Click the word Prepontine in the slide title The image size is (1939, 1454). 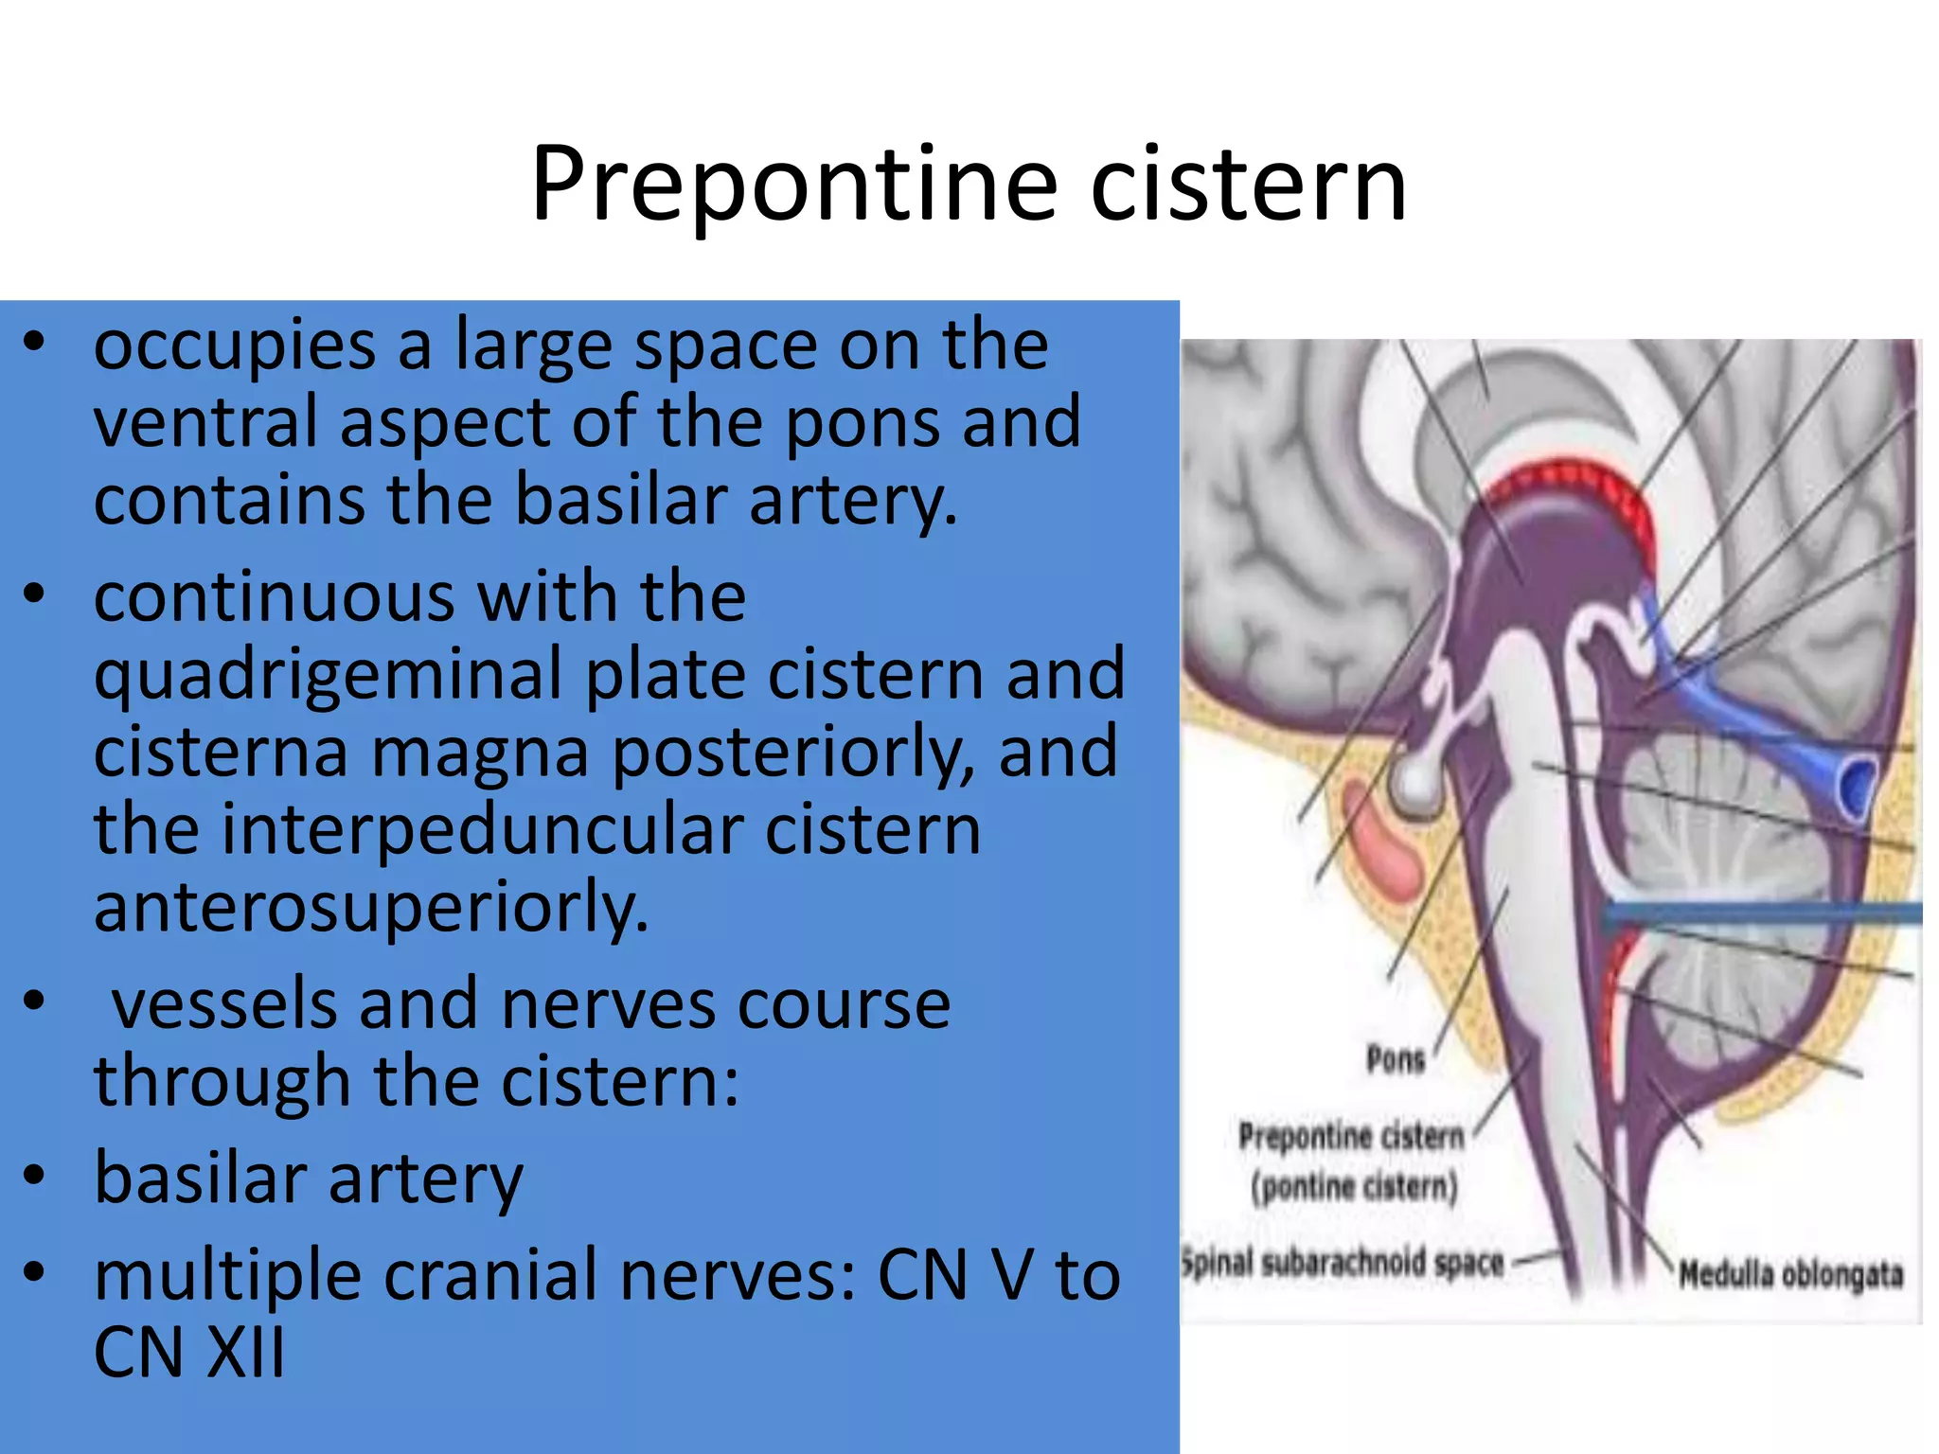[793, 185]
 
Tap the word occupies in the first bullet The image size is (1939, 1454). [235, 347]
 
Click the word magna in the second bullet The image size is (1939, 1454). [480, 753]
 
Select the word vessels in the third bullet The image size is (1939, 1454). [224, 1004]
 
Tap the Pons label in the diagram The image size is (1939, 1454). [1396, 1059]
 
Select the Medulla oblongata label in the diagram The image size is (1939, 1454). [1790, 1274]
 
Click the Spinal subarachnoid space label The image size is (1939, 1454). [1343, 1263]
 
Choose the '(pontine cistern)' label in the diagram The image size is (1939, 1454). [1354, 1186]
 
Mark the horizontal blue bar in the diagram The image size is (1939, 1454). [1761, 913]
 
